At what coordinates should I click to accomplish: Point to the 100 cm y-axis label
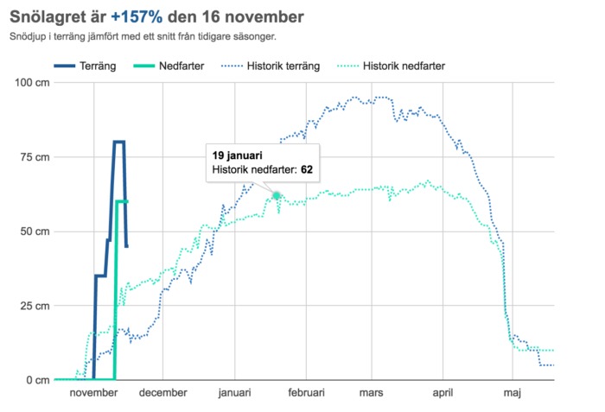click(31, 83)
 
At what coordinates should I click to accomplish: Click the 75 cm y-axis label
click(34, 157)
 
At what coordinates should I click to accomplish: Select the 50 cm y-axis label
click(34, 231)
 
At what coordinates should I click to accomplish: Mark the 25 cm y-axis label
click(34, 306)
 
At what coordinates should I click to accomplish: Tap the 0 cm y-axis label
click(37, 380)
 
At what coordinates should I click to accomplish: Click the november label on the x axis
click(92, 394)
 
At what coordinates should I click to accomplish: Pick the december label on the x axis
click(163, 394)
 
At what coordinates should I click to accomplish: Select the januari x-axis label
click(234, 394)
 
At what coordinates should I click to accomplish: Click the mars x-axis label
click(372, 394)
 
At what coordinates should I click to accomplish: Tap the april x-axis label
click(443, 394)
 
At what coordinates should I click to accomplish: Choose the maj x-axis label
click(513, 394)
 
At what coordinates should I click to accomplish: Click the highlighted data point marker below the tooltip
click(277, 195)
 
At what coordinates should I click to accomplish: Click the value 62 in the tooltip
click(306, 170)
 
